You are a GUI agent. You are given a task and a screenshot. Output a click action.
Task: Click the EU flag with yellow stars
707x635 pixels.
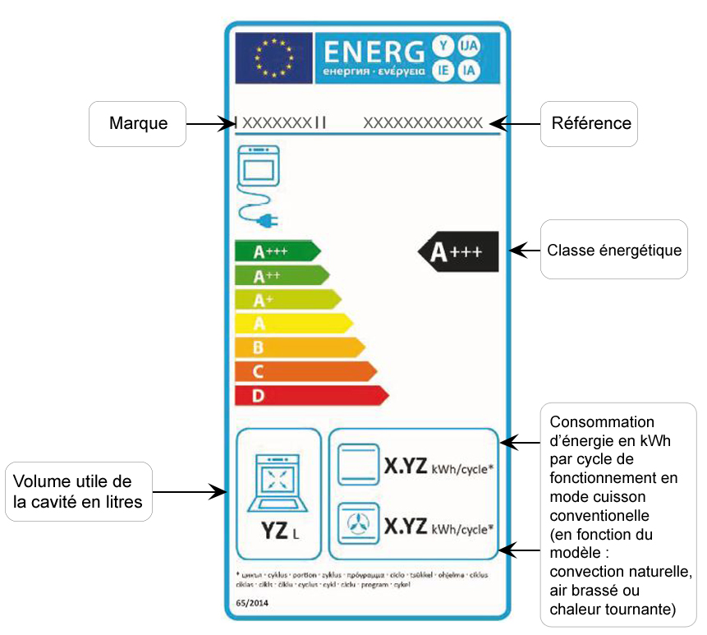pyautogui.click(x=273, y=58)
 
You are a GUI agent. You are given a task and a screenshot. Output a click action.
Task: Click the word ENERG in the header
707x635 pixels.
pyautogui.click(x=373, y=52)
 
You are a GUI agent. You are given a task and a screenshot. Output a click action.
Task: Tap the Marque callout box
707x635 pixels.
pyautogui.click(x=137, y=123)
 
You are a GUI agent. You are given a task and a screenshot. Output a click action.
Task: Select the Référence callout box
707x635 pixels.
pyautogui.click(x=588, y=123)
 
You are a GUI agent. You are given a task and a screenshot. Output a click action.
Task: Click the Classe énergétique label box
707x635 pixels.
pyautogui.click(x=614, y=249)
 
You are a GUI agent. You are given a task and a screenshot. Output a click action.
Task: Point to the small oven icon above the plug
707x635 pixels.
pyautogui.click(x=257, y=168)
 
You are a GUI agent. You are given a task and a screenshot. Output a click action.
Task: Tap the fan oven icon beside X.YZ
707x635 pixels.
pyautogui.click(x=359, y=523)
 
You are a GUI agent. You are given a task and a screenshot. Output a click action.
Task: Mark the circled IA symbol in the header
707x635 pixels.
pyautogui.click(x=469, y=71)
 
